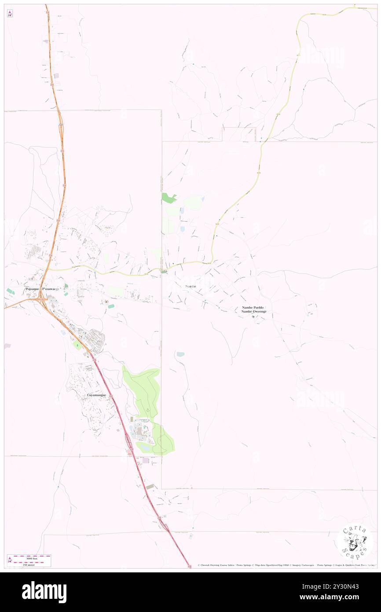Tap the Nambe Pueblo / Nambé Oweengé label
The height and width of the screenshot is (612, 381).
254,310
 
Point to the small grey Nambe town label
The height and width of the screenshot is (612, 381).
190,286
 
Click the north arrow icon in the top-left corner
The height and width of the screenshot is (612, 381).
10,14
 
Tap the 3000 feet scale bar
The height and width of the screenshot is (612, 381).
29,557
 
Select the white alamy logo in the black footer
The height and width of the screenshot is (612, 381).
44,592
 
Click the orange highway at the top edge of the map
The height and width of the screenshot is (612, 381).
47,9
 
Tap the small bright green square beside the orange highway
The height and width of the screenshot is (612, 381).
78,345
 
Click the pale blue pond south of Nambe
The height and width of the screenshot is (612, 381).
180,354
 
